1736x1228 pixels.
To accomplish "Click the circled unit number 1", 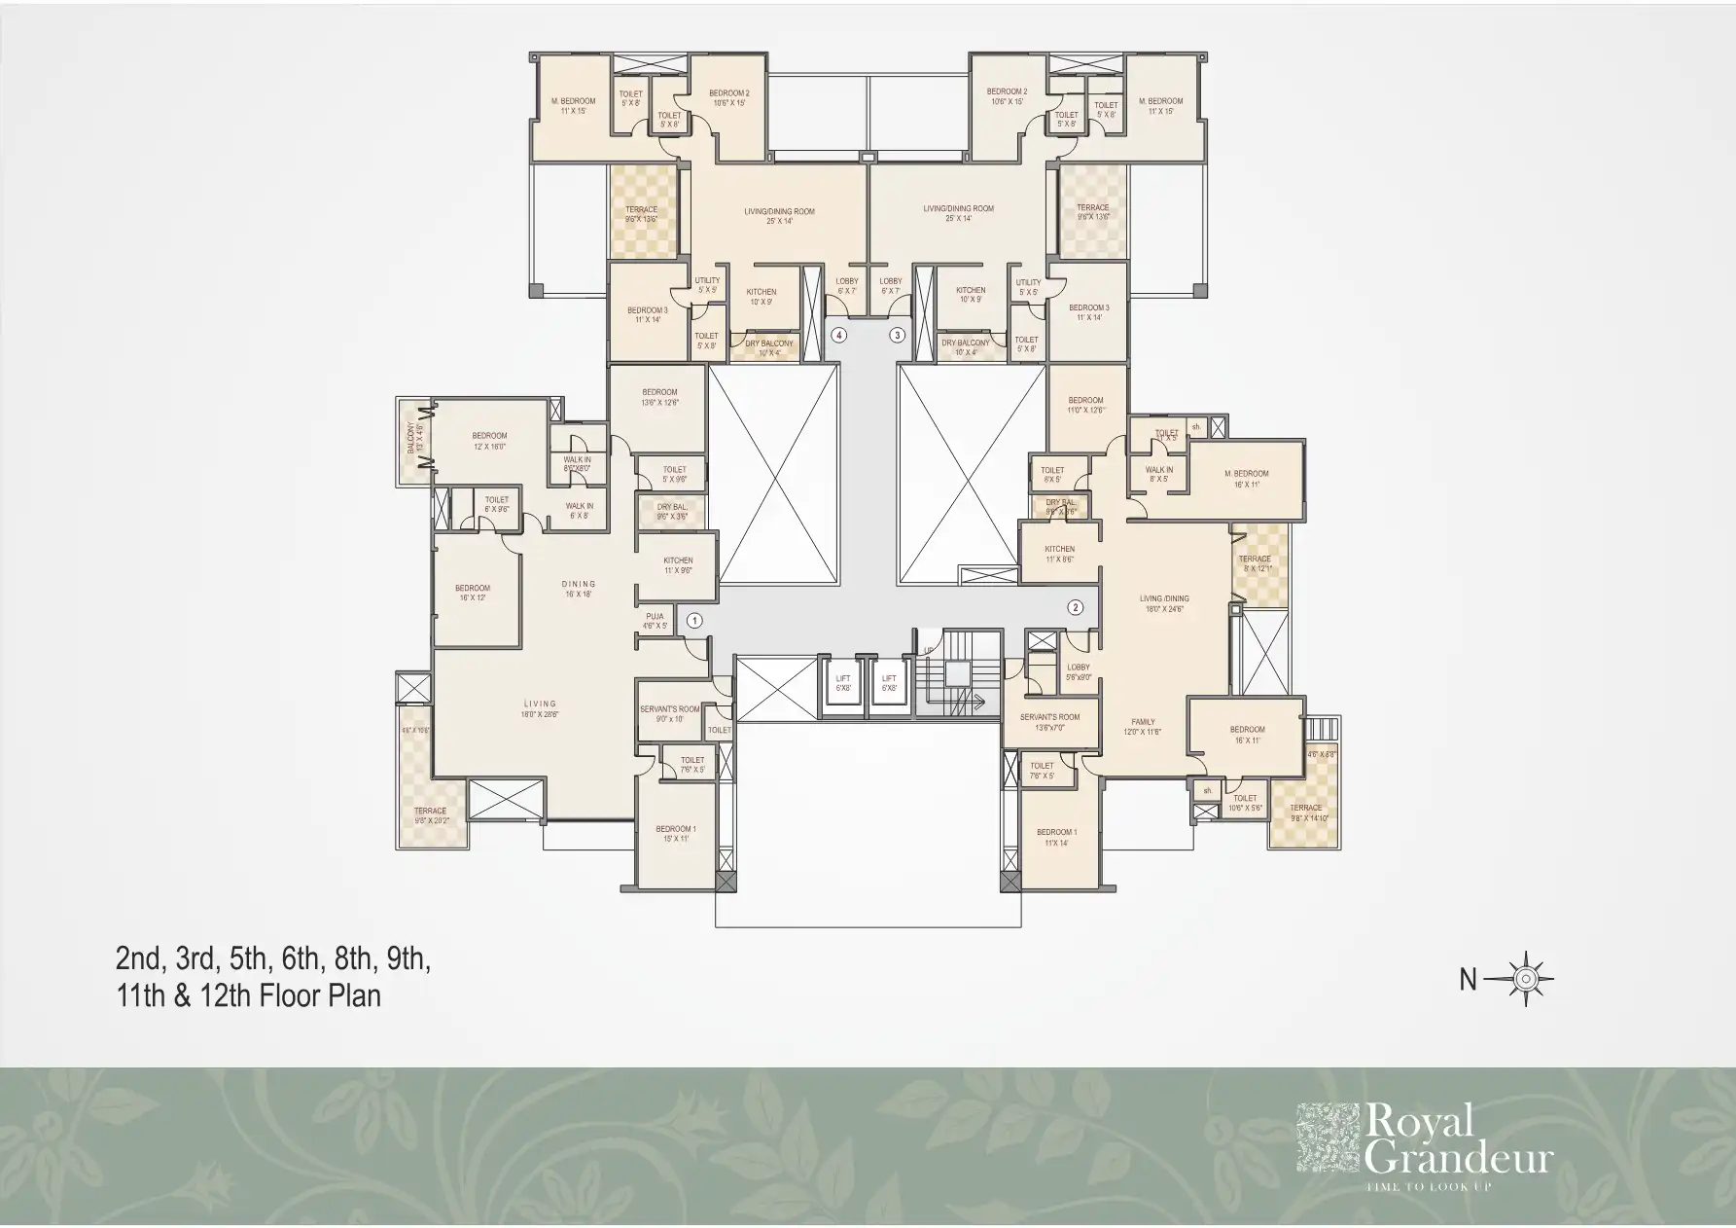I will point(694,619).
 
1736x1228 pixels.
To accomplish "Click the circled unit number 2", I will point(1075,608).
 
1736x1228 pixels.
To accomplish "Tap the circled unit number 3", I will point(898,335).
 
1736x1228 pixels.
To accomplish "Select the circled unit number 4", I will point(839,335).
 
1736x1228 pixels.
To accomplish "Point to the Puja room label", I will point(655,621).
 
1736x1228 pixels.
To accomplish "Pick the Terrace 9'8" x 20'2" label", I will point(430,815).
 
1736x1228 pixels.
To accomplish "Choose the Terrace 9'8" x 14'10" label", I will point(1305,813).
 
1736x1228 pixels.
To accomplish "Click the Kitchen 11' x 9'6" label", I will point(678,565).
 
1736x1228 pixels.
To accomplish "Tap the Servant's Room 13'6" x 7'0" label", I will point(1049,722).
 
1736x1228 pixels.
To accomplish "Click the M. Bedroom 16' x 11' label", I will point(1246,479).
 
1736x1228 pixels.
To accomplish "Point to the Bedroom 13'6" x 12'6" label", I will point(659,397).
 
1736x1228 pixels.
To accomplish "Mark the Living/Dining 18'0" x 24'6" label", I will point(1164,604).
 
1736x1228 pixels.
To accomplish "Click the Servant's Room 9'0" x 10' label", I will point(669,714).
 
